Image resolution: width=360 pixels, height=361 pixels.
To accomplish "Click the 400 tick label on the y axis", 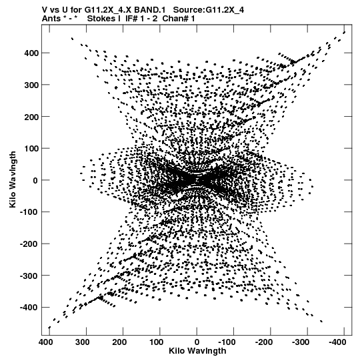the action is point(31,53).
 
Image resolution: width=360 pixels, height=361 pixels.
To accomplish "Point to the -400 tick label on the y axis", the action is point(29,308).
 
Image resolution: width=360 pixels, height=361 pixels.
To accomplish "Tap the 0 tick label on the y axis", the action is point(35,180).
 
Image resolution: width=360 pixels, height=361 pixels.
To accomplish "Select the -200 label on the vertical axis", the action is point(29,244).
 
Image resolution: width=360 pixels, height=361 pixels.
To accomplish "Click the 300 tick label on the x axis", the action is point(83,342).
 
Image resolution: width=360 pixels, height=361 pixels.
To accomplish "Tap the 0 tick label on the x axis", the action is point(197,342).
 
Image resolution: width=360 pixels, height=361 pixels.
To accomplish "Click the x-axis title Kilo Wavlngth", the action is point(197,351).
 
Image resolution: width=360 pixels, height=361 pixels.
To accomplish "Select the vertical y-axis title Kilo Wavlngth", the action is point(13,179).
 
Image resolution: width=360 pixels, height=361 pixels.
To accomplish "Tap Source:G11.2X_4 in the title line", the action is point(209,10).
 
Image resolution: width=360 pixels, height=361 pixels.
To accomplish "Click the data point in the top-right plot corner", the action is point(344,33).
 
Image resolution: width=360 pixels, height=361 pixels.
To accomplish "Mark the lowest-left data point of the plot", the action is point(49,328).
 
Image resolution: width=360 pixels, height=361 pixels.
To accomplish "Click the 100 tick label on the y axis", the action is point(31,149).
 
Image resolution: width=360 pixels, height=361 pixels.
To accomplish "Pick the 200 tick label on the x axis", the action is point(119,342).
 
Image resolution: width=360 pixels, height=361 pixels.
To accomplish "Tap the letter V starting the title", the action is point(45,10).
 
